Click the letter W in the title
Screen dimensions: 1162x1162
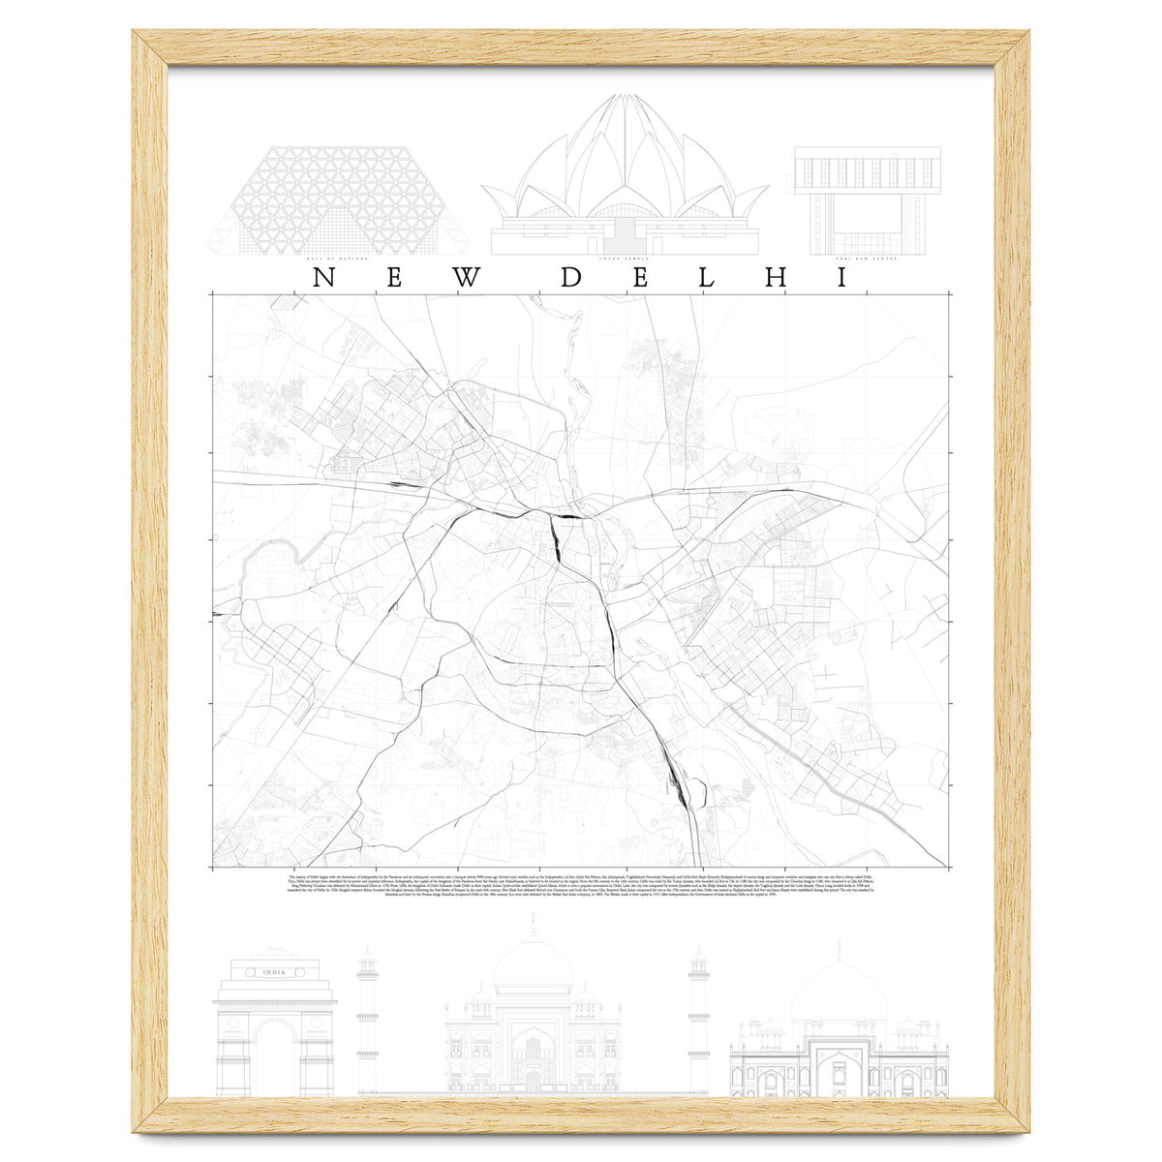467,278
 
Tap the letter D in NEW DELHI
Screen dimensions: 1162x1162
571,278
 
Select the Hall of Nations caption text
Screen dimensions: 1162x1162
338,260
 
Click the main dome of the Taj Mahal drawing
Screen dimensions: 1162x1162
533,963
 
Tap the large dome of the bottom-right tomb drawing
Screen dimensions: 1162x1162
840,990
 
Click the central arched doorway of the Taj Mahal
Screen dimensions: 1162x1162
533,1065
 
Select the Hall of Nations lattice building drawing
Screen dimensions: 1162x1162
338,199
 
